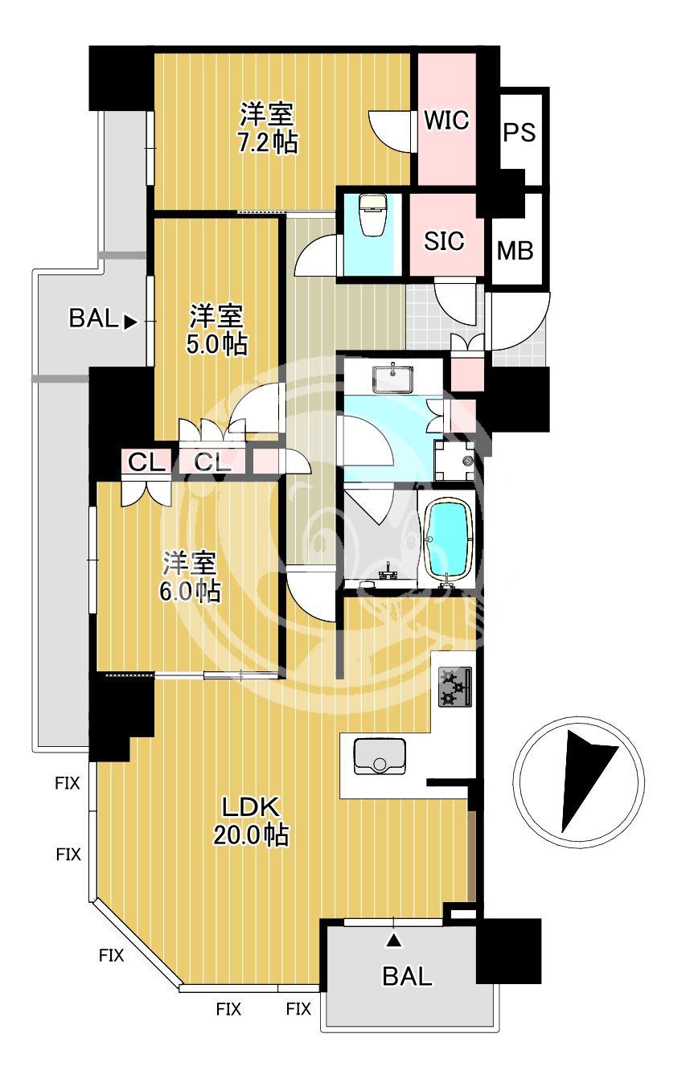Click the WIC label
(x=446, y=120)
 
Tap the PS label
(x=519, y=132)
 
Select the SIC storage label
(x=444, y=240)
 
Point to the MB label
(x=515, y=251)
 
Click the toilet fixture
(x=371, y=215)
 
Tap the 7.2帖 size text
(x=268, y=142)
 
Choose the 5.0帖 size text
(x=217, y=344)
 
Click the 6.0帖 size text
(x=190, y=591)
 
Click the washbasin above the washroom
(x=392, y=378)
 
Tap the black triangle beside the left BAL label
(x=130, y=322)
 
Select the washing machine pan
(x=454, y=461)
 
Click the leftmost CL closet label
(x=146, y=463)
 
